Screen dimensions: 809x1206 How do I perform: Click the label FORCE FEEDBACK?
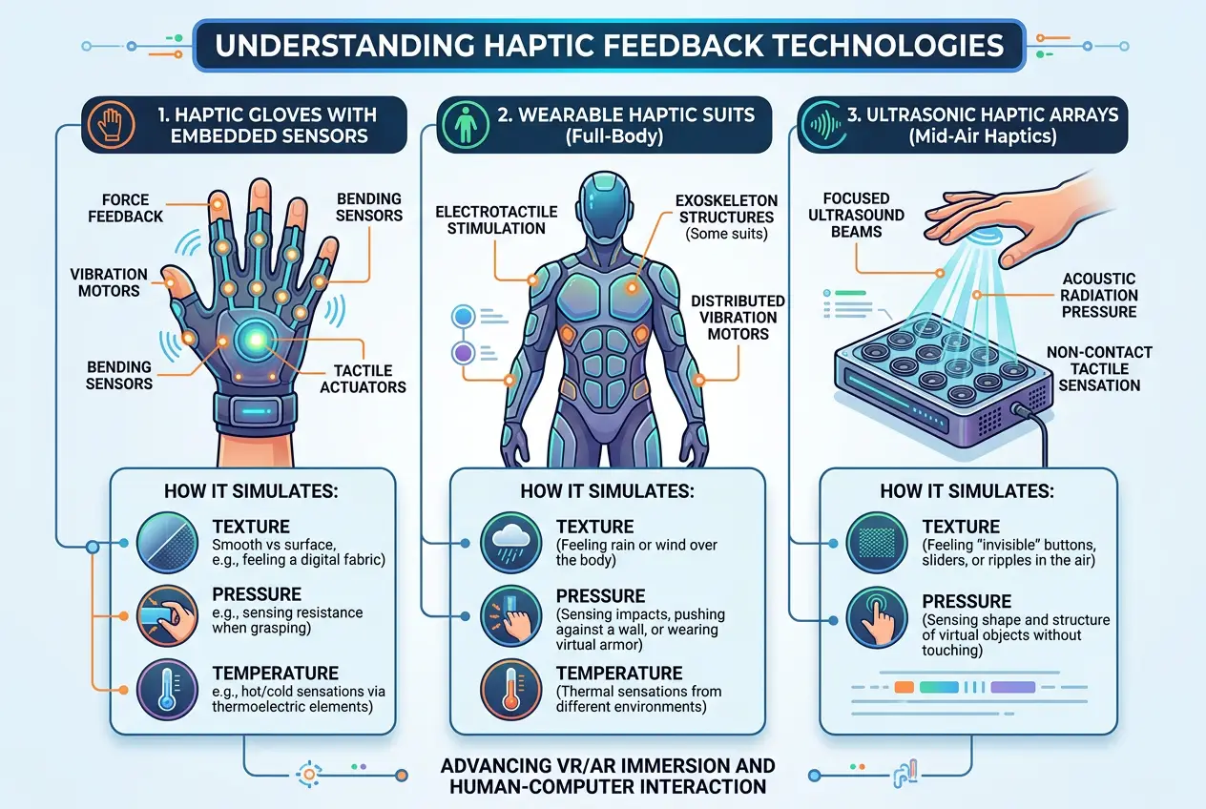coord(126,208)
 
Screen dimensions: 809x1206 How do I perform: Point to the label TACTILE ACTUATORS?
coord(363,378)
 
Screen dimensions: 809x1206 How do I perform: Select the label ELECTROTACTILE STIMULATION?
coord(489,218)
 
